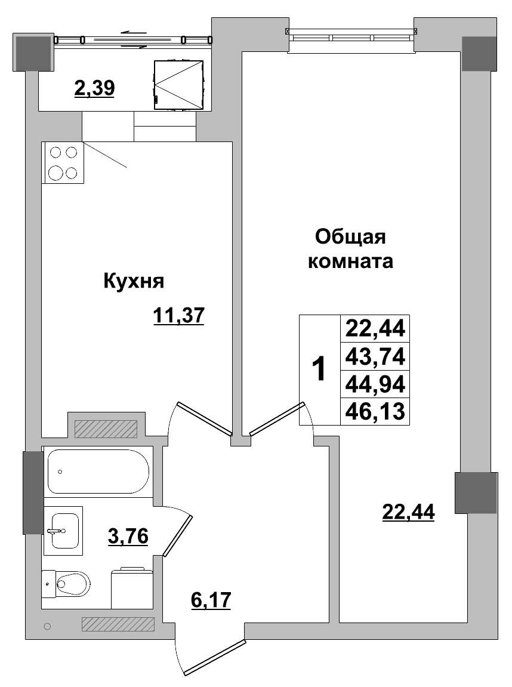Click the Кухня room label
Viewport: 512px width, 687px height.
[x=134, y=281]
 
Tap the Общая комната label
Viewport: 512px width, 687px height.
[x=350, y=249]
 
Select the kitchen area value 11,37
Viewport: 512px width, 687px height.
[x=178, y=315]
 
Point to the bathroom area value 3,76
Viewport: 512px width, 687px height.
[x=128, y=535]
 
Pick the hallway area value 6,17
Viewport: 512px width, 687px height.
[x=211, y=599]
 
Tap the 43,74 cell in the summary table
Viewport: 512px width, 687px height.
[x=375, y=357]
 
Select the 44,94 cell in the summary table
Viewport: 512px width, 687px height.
[x=375, y=384]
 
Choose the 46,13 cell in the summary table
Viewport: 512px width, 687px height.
[x=375, y=411]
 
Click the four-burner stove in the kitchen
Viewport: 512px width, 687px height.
[x=63, y=162]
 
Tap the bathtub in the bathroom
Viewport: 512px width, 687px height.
[x=98, y=471]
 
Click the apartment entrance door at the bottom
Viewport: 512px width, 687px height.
[x=214, y=657]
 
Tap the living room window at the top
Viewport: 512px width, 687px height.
[x=351, y=36]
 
